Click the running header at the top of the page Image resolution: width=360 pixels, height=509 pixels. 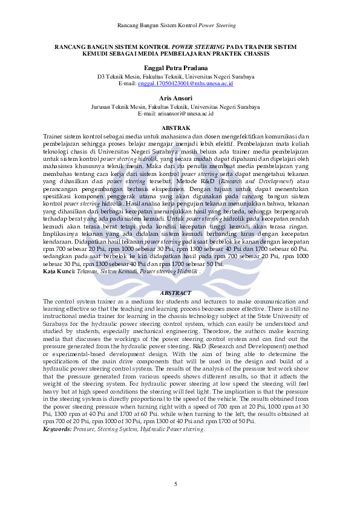click(x=180, y=25)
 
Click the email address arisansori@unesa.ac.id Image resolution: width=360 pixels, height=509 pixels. click(x=184, y=114)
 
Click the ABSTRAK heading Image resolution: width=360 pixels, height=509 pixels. click(x=176, y=128)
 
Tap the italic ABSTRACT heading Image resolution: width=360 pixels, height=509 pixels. click(x=175, y=293)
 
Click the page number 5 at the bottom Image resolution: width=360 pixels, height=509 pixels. click(x=175, y=484)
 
